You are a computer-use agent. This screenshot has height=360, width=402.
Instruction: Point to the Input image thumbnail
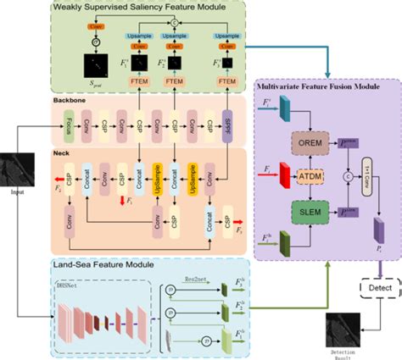[18, 165]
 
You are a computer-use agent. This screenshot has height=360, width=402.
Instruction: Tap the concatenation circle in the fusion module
[348, 177]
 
